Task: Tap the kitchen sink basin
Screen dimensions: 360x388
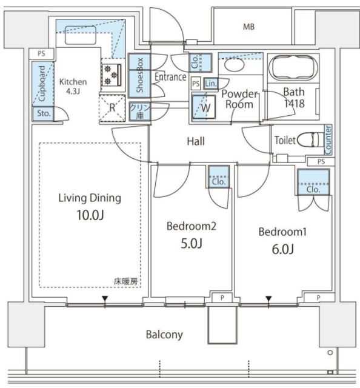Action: [x=81, y=35]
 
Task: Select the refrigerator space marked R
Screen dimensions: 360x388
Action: [x=112, y=108]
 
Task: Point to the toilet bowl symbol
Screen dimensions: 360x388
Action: [x=310, y=140]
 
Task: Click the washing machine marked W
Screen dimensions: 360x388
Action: [x=204, y=107]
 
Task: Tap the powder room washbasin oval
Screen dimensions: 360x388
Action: [x=235, y=65]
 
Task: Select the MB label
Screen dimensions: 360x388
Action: [x=248, y=27]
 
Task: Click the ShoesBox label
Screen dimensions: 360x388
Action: [x=140, y=75]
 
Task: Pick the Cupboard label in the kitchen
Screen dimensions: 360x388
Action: [x=42, y=83]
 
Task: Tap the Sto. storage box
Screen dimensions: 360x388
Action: [x=44, y=114]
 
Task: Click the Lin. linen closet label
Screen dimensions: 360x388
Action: [x=211, y=84]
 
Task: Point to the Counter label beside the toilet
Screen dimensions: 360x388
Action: [x=328, y=139]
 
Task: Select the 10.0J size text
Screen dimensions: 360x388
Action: [x=90, y=215]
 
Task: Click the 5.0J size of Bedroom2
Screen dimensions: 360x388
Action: [x=192, y=243]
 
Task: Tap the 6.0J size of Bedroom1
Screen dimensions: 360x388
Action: [x=283, y=249]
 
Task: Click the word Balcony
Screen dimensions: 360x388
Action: [x=164, y=335]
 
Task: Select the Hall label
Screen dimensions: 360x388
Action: [x=196, y=141]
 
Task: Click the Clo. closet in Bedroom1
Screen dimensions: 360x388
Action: [x=313, y=182]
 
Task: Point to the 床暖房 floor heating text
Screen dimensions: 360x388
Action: [x=125, y=281]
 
